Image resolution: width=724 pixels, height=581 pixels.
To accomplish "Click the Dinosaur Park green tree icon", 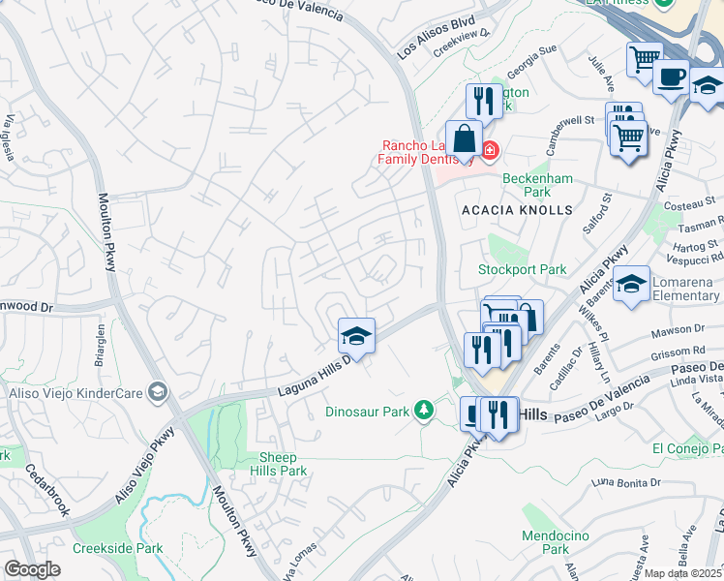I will point(423,411).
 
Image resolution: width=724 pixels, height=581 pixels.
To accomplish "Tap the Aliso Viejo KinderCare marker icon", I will point(159,392).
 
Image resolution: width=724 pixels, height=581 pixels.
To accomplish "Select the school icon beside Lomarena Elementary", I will point(631,285).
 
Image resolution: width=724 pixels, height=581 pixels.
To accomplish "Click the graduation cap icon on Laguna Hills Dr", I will point(356,337).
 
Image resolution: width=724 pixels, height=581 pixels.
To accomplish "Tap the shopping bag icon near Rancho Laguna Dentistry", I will point(464,139).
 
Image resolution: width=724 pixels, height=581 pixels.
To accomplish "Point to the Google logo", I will point(32,569).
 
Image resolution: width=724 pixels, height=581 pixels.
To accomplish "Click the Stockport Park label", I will point(523,268).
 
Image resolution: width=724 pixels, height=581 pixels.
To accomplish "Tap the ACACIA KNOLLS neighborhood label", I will point(530,210).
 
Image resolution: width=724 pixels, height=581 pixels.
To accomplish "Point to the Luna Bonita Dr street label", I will point(626,481).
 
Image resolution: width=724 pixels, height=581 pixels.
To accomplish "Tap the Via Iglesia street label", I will point(11,136).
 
